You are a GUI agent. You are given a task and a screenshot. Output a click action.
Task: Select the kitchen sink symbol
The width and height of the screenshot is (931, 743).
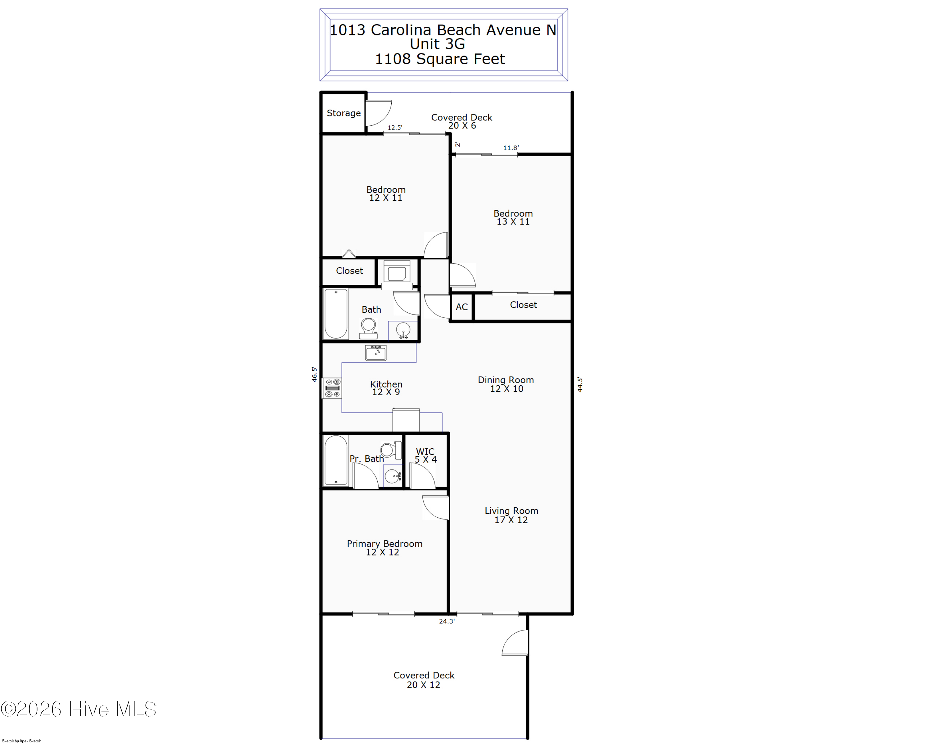coord(376,353)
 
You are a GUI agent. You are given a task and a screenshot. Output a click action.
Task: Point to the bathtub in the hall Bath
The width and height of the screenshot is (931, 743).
coord(336,314)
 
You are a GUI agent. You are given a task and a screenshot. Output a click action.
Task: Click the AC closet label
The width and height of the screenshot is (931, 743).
coord(461,307)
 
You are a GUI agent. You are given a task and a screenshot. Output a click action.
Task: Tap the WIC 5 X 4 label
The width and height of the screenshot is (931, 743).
coord(426,455)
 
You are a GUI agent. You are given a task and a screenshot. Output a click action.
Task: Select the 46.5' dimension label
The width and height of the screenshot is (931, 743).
coord(314,374)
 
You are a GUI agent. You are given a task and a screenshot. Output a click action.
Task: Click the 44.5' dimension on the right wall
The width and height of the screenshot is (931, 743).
coord(580,384)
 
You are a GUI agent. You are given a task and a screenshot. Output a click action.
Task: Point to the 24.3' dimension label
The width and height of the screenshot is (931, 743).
coord(447,622)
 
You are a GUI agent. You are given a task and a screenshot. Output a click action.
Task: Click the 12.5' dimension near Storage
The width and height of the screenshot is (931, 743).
coord(395,127)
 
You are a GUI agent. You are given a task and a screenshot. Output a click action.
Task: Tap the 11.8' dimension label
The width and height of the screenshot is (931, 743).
coord(511,148)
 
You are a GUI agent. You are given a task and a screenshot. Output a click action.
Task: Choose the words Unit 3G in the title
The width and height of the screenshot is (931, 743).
coord(438,44)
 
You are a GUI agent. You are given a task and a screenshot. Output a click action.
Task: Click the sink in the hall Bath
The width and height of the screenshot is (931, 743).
coord(403,330)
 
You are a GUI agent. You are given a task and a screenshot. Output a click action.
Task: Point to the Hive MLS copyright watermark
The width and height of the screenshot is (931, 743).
coord(78,709)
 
